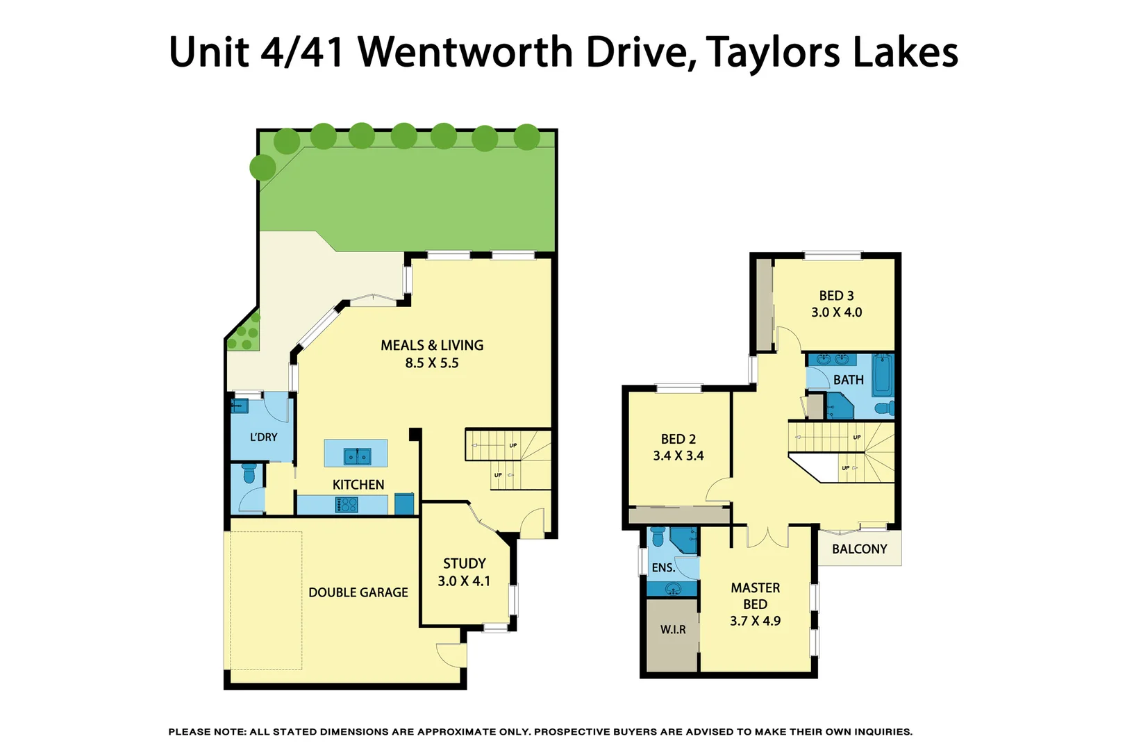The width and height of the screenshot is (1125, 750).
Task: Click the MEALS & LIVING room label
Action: point(432,345)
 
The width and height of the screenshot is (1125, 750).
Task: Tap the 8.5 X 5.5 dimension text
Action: point(432,363)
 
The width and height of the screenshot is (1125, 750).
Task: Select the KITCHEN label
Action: point(358,485)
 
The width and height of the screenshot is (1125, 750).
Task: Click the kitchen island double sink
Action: point(358,456)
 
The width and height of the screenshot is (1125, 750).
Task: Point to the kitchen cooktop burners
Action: point(346,505)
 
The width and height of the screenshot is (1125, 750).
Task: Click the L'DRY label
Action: point(263,437)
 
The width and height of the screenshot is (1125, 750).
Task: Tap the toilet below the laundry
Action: point(249,474)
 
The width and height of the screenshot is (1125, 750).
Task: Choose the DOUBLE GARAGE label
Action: point(358,592)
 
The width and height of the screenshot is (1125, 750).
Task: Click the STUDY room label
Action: point(465,564)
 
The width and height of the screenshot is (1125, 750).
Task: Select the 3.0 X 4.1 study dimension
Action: point(464,581)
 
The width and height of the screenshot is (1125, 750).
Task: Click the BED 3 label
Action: point(836,296)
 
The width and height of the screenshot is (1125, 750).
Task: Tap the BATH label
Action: point(849,380)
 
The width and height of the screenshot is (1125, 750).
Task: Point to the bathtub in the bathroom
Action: point(883,375)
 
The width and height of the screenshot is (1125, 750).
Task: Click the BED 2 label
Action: point(678,439)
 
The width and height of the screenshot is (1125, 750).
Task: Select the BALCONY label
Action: point(860,549)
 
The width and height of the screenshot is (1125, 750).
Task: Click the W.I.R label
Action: point(673,630)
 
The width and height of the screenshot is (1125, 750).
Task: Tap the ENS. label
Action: point(663,568)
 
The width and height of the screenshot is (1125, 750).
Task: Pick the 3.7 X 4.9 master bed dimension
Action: point(755,622)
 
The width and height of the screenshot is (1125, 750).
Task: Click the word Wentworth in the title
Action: point(465,52)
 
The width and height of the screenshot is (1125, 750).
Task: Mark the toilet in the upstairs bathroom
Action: point(885,408)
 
